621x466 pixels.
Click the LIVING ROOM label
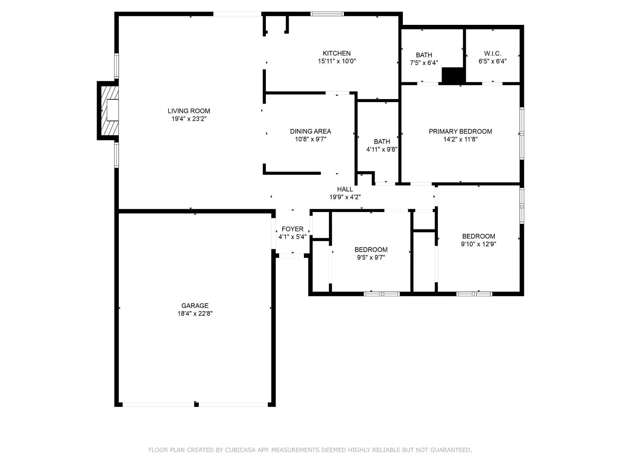189,111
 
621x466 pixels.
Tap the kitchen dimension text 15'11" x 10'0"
337,61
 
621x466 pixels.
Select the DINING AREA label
310,131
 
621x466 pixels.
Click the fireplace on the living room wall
109,110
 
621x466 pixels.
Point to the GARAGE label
195,306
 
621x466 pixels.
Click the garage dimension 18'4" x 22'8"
195,314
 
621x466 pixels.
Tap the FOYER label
292,229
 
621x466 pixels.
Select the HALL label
345,189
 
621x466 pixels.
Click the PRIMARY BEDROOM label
460,131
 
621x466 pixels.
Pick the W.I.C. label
492,54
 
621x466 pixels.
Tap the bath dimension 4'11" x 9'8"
382,149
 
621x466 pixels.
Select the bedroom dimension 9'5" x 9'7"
371,257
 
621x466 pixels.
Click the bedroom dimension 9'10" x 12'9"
478,244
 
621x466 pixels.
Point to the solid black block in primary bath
453,75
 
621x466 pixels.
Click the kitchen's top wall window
327,14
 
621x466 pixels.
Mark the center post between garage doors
196,404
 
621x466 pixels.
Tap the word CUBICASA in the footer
240,450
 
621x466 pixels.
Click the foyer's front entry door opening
291,255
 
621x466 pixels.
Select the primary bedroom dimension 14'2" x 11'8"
460,139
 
